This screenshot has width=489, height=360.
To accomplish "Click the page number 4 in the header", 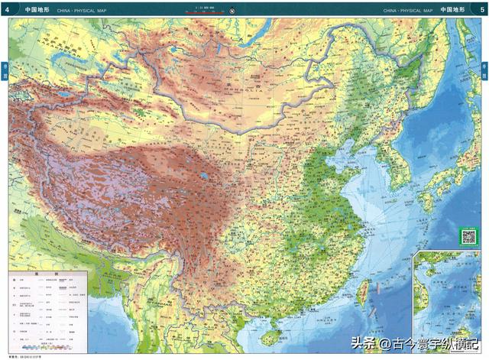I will click(x=7, y=10).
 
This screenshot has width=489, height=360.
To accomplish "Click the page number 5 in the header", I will click(x=482, y=10).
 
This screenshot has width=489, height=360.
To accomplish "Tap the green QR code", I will click(x=468, y=236).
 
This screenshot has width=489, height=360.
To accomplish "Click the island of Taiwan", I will click(x=364, y=292).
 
